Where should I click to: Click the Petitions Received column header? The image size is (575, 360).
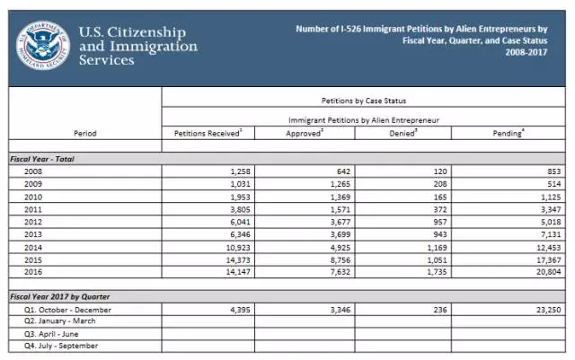pyautogui.click(x=208, y=133)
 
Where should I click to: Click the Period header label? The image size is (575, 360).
pyautogui.click(x=85, y=133)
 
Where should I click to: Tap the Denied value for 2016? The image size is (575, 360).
pyautogui.click(x=427, y=271)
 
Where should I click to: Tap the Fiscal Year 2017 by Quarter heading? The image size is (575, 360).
pyautogui.click(x=62, y=295)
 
